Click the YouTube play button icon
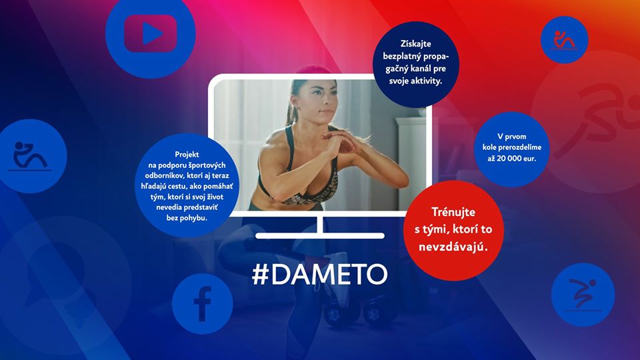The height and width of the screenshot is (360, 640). coord(150,33)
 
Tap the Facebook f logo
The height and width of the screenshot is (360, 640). coord(203,304)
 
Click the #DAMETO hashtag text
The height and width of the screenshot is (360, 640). coord(319,274)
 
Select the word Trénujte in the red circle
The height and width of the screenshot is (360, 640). coord(453,212)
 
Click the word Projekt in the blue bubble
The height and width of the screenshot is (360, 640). coord(187,154)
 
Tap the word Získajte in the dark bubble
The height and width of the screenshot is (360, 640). coord(415,44)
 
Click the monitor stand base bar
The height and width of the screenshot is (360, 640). coord(320,235)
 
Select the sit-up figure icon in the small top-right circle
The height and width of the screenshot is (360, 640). coord(564,40)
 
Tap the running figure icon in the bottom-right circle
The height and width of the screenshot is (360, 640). coord(583,294)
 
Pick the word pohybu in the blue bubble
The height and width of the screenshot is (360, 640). coord(192,218)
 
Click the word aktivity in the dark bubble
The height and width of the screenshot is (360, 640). coord(427,81)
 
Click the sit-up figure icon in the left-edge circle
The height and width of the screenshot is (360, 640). coord(29,155)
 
